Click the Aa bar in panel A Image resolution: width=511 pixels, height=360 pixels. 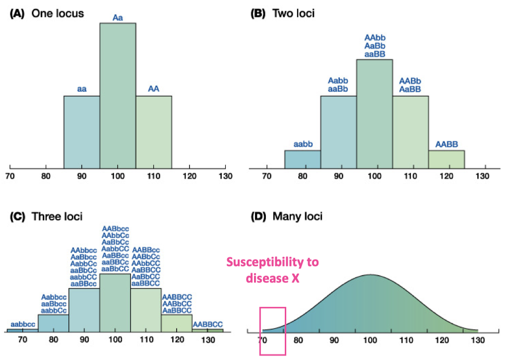[x=118, y=94]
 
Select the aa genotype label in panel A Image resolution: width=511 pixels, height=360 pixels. [x=82, y=89]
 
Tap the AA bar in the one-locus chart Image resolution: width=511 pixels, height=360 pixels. [x=154, y=131]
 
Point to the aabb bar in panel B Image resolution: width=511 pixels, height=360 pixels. [x=302, y=159]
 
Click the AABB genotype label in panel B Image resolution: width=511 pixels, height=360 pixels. [x=446, y=144]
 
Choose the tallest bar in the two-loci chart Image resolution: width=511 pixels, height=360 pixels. [x=375, y=114]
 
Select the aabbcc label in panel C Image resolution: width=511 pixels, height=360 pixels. [x=22, y=323]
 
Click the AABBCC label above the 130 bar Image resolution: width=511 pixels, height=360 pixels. [x=208, y=324]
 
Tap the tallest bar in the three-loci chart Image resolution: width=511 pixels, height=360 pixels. [x=115, y=302]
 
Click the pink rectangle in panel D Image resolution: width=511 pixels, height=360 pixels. [x=272, y=331]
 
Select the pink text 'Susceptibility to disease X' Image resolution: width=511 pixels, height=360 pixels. [x=272, y=270]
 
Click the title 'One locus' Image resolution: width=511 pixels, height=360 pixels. [x=58, y=14]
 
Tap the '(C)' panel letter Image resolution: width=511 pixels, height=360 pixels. [x=17, y=216]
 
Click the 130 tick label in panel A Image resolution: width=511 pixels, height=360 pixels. [x=225, y=177]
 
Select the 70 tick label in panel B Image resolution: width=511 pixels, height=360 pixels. [x=266, y=177]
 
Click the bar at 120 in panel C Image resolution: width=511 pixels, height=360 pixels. [x=177, y=323]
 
